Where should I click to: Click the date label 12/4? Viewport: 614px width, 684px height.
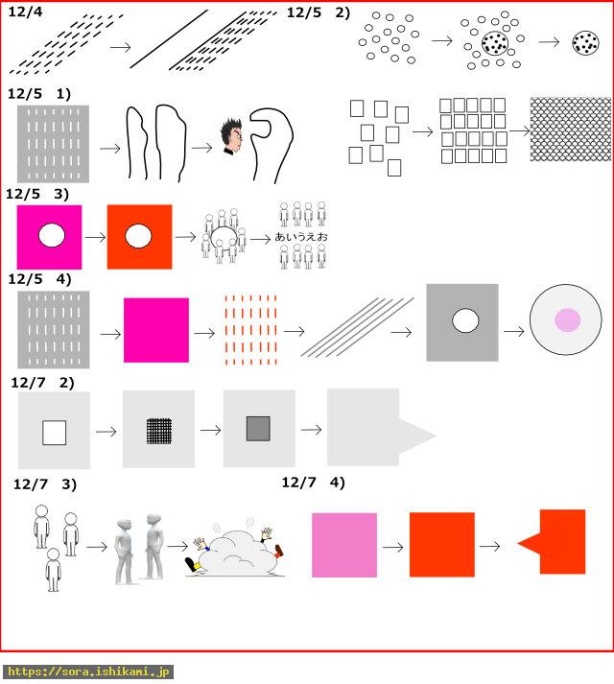coord(25,12)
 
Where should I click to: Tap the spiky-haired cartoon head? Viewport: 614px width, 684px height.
coord(231,136)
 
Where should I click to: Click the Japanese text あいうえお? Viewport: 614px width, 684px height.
coord(301,237)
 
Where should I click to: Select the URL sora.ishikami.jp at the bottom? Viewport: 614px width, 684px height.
coord(88,672)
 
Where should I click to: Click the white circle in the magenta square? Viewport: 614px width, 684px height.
coord(52,235)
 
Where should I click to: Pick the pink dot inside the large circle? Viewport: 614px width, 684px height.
coord(567,319)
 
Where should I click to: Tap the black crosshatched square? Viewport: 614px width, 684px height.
coord(159,431)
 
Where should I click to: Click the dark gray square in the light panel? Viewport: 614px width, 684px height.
coord(258,429)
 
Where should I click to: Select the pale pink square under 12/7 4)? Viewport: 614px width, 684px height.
coord(344,545)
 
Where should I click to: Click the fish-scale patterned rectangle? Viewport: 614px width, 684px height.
coord(571,130)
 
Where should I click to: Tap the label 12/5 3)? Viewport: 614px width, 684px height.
coord(37,194)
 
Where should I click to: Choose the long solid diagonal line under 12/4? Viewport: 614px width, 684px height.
coord(169,39)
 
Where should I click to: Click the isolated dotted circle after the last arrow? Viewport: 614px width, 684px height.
coord(585,43)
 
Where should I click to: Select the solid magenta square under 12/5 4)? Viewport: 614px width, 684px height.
coord(156,330)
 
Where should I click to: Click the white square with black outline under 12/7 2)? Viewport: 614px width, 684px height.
coord(54,433)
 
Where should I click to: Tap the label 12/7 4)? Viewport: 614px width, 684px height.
coord(314,483)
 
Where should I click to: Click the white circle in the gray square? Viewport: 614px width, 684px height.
coord(465,320)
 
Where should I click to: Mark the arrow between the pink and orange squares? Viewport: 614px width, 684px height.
coord(392,547)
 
